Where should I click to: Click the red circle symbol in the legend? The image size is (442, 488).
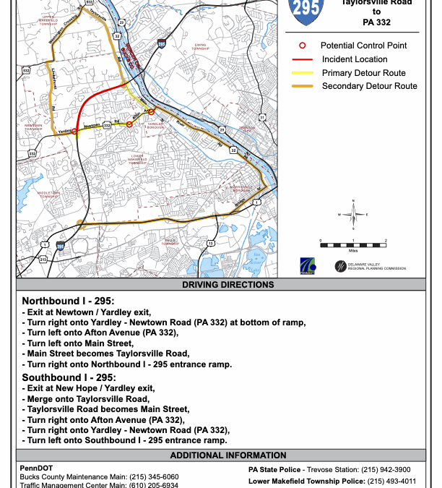pos(301,46)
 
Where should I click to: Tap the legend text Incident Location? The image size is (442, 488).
pos(355,59)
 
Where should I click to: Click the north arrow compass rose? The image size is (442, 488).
pos(353,213)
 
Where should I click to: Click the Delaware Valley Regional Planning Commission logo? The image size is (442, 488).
pos(369,267)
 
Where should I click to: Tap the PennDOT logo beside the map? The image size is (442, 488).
pos(308,266)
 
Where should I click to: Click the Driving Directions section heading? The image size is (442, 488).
pos(227,285)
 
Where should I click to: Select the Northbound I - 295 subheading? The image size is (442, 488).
pos(69,301)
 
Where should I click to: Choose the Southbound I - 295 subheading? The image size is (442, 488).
pos(69,377)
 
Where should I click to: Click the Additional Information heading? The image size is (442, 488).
pos(227,455)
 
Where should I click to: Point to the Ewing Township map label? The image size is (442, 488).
pos(199,46)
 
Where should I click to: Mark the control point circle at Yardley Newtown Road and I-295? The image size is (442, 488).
pos(74,132)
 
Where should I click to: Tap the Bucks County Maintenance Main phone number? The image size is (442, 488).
pos(154,477)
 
